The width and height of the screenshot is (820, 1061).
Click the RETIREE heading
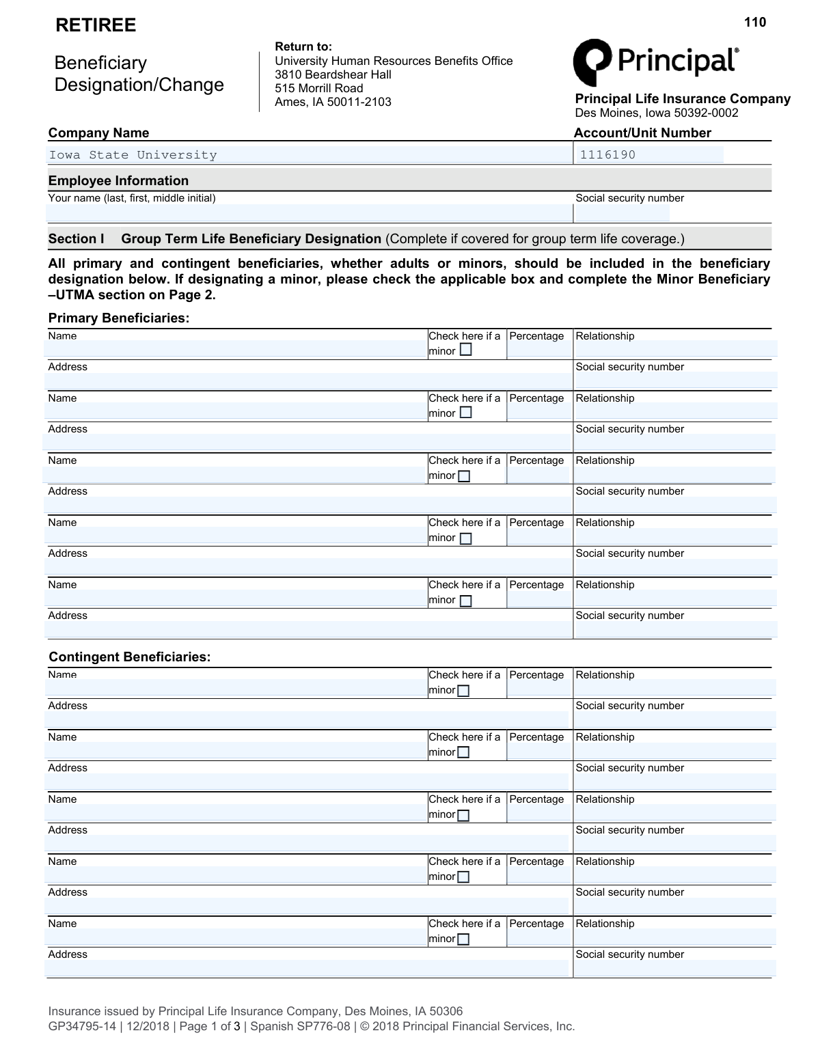click(96, 25)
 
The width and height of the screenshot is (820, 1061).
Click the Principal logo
click(655, 61)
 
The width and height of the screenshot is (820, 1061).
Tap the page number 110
click(755, 23)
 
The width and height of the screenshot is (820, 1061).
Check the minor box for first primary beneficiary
click(466, 350)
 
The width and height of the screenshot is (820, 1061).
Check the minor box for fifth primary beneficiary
click(466, 601)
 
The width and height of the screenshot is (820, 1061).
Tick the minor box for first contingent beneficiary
click(463, 691)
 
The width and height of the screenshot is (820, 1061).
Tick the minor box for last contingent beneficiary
click(463, 939)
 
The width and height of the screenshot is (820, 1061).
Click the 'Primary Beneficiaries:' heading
click(119, 318)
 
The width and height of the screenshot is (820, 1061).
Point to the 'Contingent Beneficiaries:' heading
click(130, 657)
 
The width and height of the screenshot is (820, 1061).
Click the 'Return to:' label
click(303, 46)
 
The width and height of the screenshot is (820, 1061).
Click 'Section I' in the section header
click(76, 239)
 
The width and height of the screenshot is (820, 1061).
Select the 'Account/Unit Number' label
click(642, 133)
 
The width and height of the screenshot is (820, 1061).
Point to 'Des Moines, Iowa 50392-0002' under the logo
click(657, 113)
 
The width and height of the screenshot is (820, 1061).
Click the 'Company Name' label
click(98, 133)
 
